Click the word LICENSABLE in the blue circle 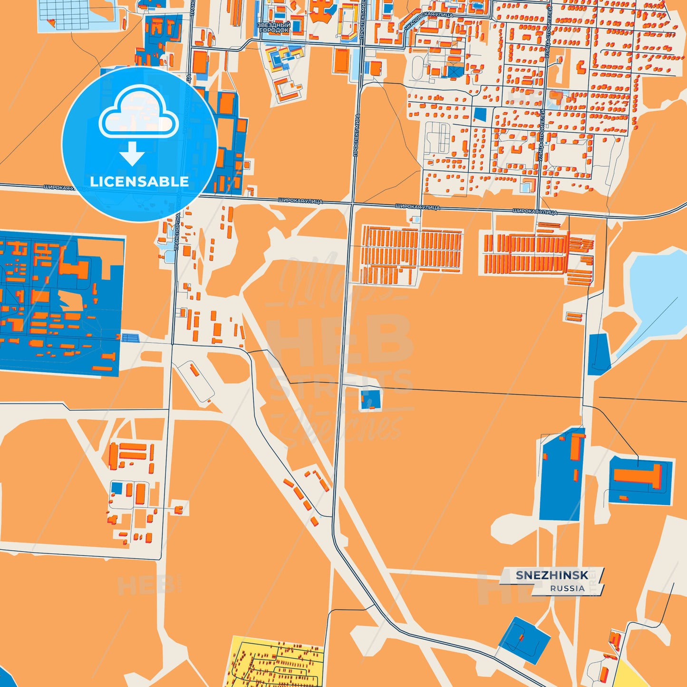pyautogui.click(x=139, y=182)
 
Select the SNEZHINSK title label pyautogui.click(x=552, y=575)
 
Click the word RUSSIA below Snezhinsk pyautogui.click(x=567, y=589)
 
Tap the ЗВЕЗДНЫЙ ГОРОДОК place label pyautogui.click(x=274, y=27)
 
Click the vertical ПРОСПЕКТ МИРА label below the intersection pyautogui.click(x=356, y=135)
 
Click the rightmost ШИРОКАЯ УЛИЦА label pyautogui.click(x=535, y=212)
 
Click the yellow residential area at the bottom pyautogui.click(x=276, y=663)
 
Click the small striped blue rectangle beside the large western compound pyautogui.click(x=130, y=338)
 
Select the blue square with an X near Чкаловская pyautogui.click(x=455, y=71)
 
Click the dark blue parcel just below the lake pyautogui.click(x=599, y=354)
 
